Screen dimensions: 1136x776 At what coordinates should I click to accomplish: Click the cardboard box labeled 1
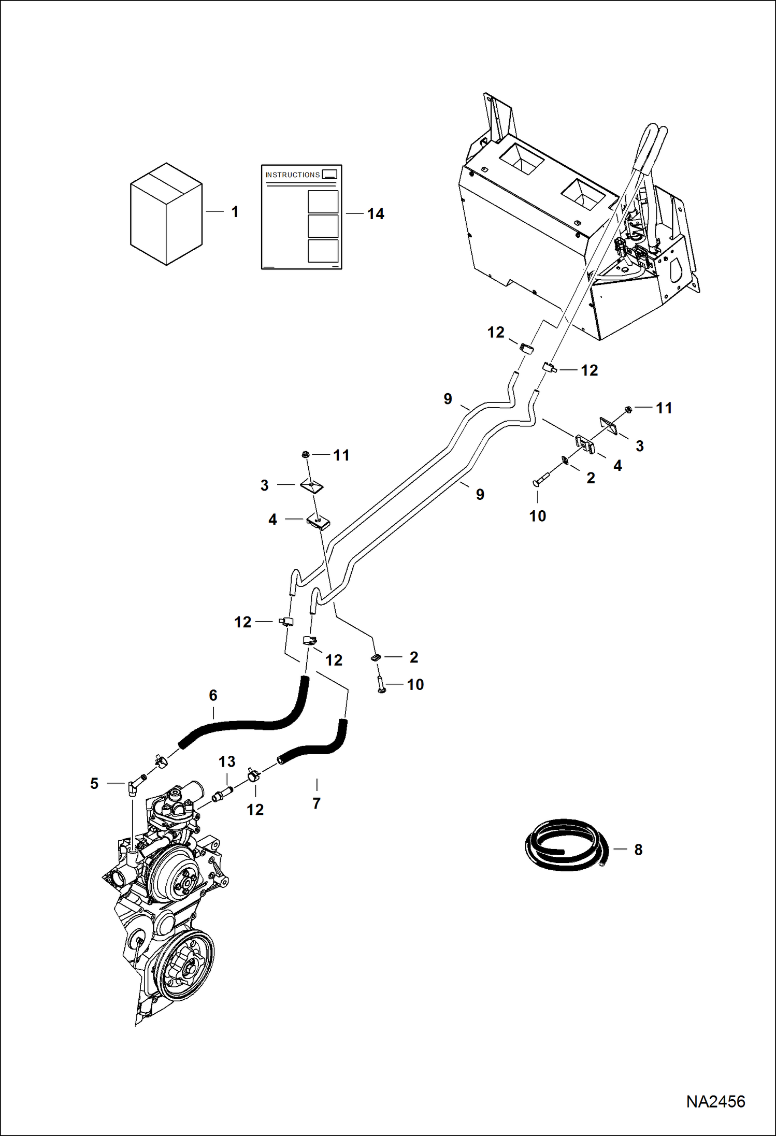pyautogui.click(x=166, y=215)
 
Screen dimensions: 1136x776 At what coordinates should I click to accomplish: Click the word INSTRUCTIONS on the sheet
pyautogui.click(x=292, y=175)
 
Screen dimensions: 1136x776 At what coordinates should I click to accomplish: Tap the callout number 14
pyautogui.click(x=376, y=214)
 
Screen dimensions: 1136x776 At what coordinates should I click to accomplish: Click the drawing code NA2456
pyautogui.click(x=715, y=1102)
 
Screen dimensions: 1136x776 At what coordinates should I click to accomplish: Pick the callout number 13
pyautogui.click(x=226, y=761)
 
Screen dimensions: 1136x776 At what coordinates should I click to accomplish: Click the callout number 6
pyautogui.click(x=213, y=695)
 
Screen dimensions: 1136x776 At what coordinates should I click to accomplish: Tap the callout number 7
pyautogui.click(x=317, y=803)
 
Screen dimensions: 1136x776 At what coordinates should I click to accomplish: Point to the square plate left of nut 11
pyautogui.click(x=609, y=426)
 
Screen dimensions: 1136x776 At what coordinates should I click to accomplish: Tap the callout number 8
pyautogui.click(x=638, y=850)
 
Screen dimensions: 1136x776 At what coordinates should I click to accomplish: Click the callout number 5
pyautogui.click(x=94, y=783)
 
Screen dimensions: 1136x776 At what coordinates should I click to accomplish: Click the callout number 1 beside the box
pyautogui.click(x=235, y=212)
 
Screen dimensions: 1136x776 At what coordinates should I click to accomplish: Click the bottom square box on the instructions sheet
pyautogui.click(x=323, y=251)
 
